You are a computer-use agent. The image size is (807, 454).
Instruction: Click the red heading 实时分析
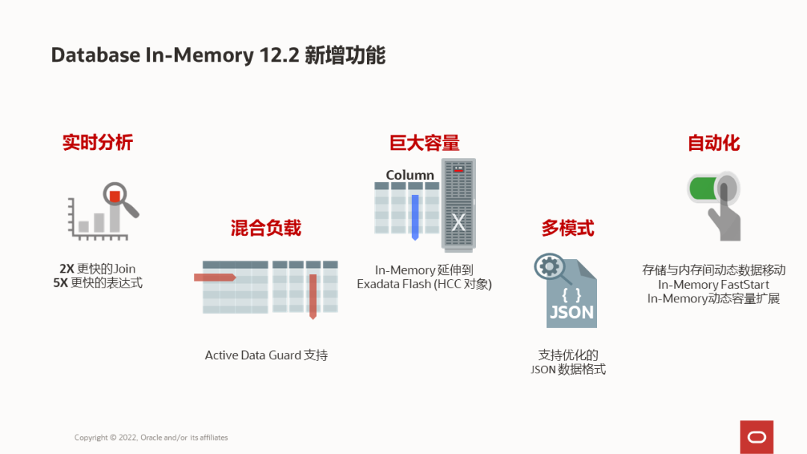pos(97,143)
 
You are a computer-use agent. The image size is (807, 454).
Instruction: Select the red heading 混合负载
pos(266,228)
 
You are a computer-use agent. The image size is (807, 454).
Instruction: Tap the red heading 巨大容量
pos(424,143)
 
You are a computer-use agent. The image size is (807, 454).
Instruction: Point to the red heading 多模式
pos(568,228)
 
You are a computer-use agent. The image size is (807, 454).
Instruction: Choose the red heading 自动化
pos(714,143)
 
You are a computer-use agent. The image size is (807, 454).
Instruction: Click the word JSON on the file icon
pos(572,312)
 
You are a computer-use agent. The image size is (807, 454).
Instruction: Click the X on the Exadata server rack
pos(459,222)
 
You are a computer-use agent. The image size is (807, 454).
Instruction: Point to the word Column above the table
pos(409,175)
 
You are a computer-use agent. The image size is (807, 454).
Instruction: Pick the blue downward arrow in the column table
pos(415,217)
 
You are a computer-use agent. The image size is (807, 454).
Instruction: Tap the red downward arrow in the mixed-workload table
pos(313,296)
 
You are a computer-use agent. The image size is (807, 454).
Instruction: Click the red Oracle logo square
pos(756,437)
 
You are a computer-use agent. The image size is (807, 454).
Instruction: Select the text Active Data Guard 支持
pos(266,355)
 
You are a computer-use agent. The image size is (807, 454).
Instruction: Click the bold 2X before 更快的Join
pos(67,269)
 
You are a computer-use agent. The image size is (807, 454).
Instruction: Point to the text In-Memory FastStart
pos(713,284)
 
